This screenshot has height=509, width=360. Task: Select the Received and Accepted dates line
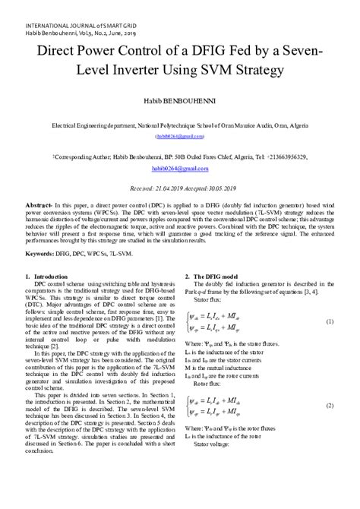179,186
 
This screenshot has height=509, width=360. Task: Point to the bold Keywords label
43,251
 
